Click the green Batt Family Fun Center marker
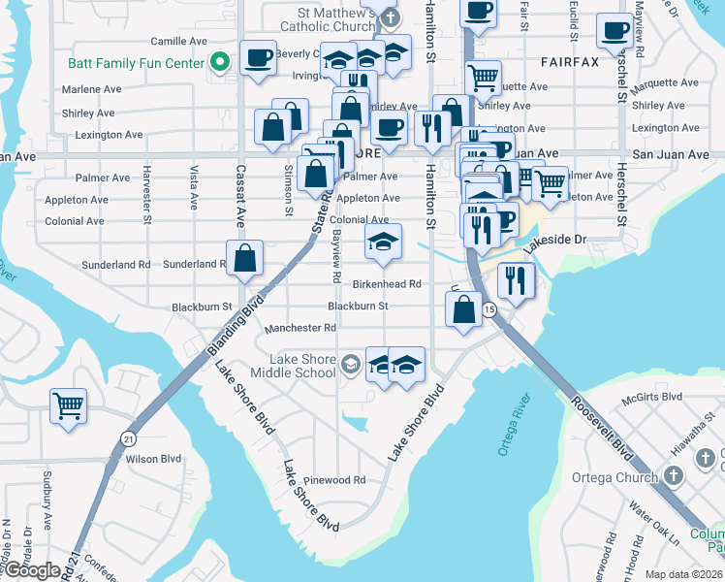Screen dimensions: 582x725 point(220,63)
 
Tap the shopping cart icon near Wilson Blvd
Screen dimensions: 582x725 point(68,405)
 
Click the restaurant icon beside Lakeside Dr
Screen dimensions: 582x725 point(516,281)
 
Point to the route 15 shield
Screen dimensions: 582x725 point(489,309)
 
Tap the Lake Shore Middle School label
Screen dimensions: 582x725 point(293,366)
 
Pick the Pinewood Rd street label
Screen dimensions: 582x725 point(332,480)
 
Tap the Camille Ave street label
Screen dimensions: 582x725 point(179,42)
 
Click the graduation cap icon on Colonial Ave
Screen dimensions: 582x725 point(383,242)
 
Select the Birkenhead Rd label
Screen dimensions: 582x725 point(386,284)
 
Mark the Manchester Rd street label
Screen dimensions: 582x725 point(299,328)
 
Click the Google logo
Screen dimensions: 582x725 point(31,570)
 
